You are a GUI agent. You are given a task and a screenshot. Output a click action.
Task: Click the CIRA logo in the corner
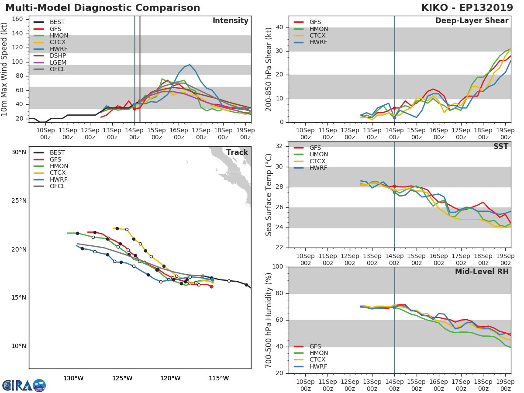pos(24,385)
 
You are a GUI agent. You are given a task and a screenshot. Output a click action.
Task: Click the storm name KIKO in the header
pos(437,8)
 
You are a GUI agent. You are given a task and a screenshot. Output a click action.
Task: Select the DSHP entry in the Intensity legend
pos(58,56)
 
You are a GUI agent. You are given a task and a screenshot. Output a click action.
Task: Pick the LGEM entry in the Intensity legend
pos(58,62)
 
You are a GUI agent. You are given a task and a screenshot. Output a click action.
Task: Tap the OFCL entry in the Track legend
pos(58,186)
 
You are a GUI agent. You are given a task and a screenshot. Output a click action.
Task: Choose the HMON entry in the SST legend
pos(318,155)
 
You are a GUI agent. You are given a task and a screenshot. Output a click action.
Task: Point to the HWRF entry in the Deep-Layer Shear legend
pos(318,42)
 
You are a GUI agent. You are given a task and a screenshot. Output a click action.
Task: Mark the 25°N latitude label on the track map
pos(19,201)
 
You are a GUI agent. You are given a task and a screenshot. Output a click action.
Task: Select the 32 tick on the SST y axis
pos(279,146)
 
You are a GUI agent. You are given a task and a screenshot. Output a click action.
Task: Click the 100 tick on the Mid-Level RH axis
pos(277,267)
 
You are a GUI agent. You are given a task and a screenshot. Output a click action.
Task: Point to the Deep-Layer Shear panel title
pos(472,21)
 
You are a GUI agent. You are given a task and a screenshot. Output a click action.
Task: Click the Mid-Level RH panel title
pos(481,272)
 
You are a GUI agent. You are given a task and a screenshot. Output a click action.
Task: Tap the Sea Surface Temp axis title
pos(269,195)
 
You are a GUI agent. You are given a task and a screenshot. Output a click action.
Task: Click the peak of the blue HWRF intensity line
pos(190,65)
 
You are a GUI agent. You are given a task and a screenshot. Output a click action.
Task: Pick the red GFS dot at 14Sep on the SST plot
pos(394,186)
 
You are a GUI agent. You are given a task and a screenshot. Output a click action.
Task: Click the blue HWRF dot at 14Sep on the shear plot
pos(394,117)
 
